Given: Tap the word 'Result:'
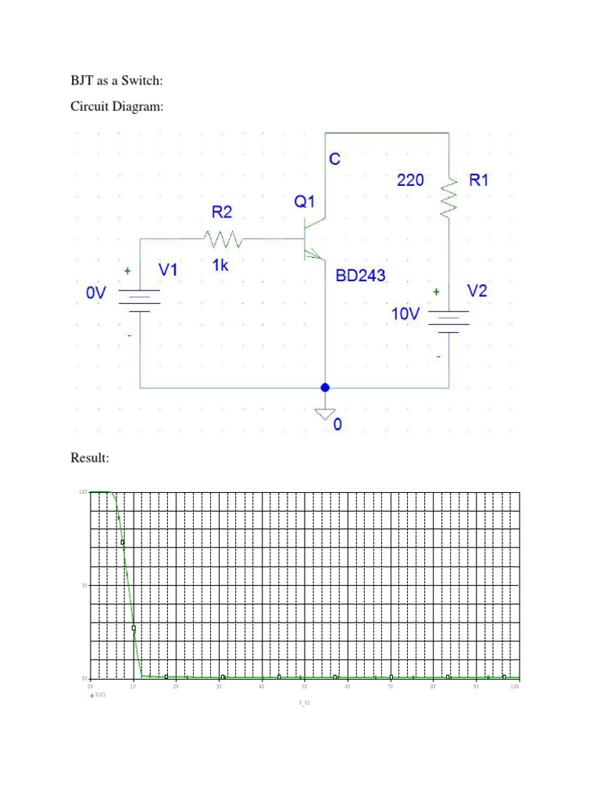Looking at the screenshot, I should tap(90, 458).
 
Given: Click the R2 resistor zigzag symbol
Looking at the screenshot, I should tap(223, 237).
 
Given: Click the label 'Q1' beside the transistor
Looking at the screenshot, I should tap(305, 202).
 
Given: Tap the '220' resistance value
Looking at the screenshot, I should tap(410, 180).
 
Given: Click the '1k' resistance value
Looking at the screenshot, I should tap(220, 266).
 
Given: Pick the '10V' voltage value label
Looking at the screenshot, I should tap(405, 314).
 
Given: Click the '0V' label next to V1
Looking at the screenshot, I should tap(96, 292).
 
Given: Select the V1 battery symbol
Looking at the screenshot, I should tap(139, 300).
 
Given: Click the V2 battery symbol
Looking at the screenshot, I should tap(448, 320).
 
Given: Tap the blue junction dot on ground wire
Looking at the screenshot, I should tap(325, 387).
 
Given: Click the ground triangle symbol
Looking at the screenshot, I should tap(325, 414).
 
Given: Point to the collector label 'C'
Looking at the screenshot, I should tap(334, 159).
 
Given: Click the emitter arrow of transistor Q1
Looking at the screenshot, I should tap(314, 253).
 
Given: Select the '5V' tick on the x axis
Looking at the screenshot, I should tap(304, 686).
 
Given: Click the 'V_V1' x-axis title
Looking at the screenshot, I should tap(304, 703).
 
